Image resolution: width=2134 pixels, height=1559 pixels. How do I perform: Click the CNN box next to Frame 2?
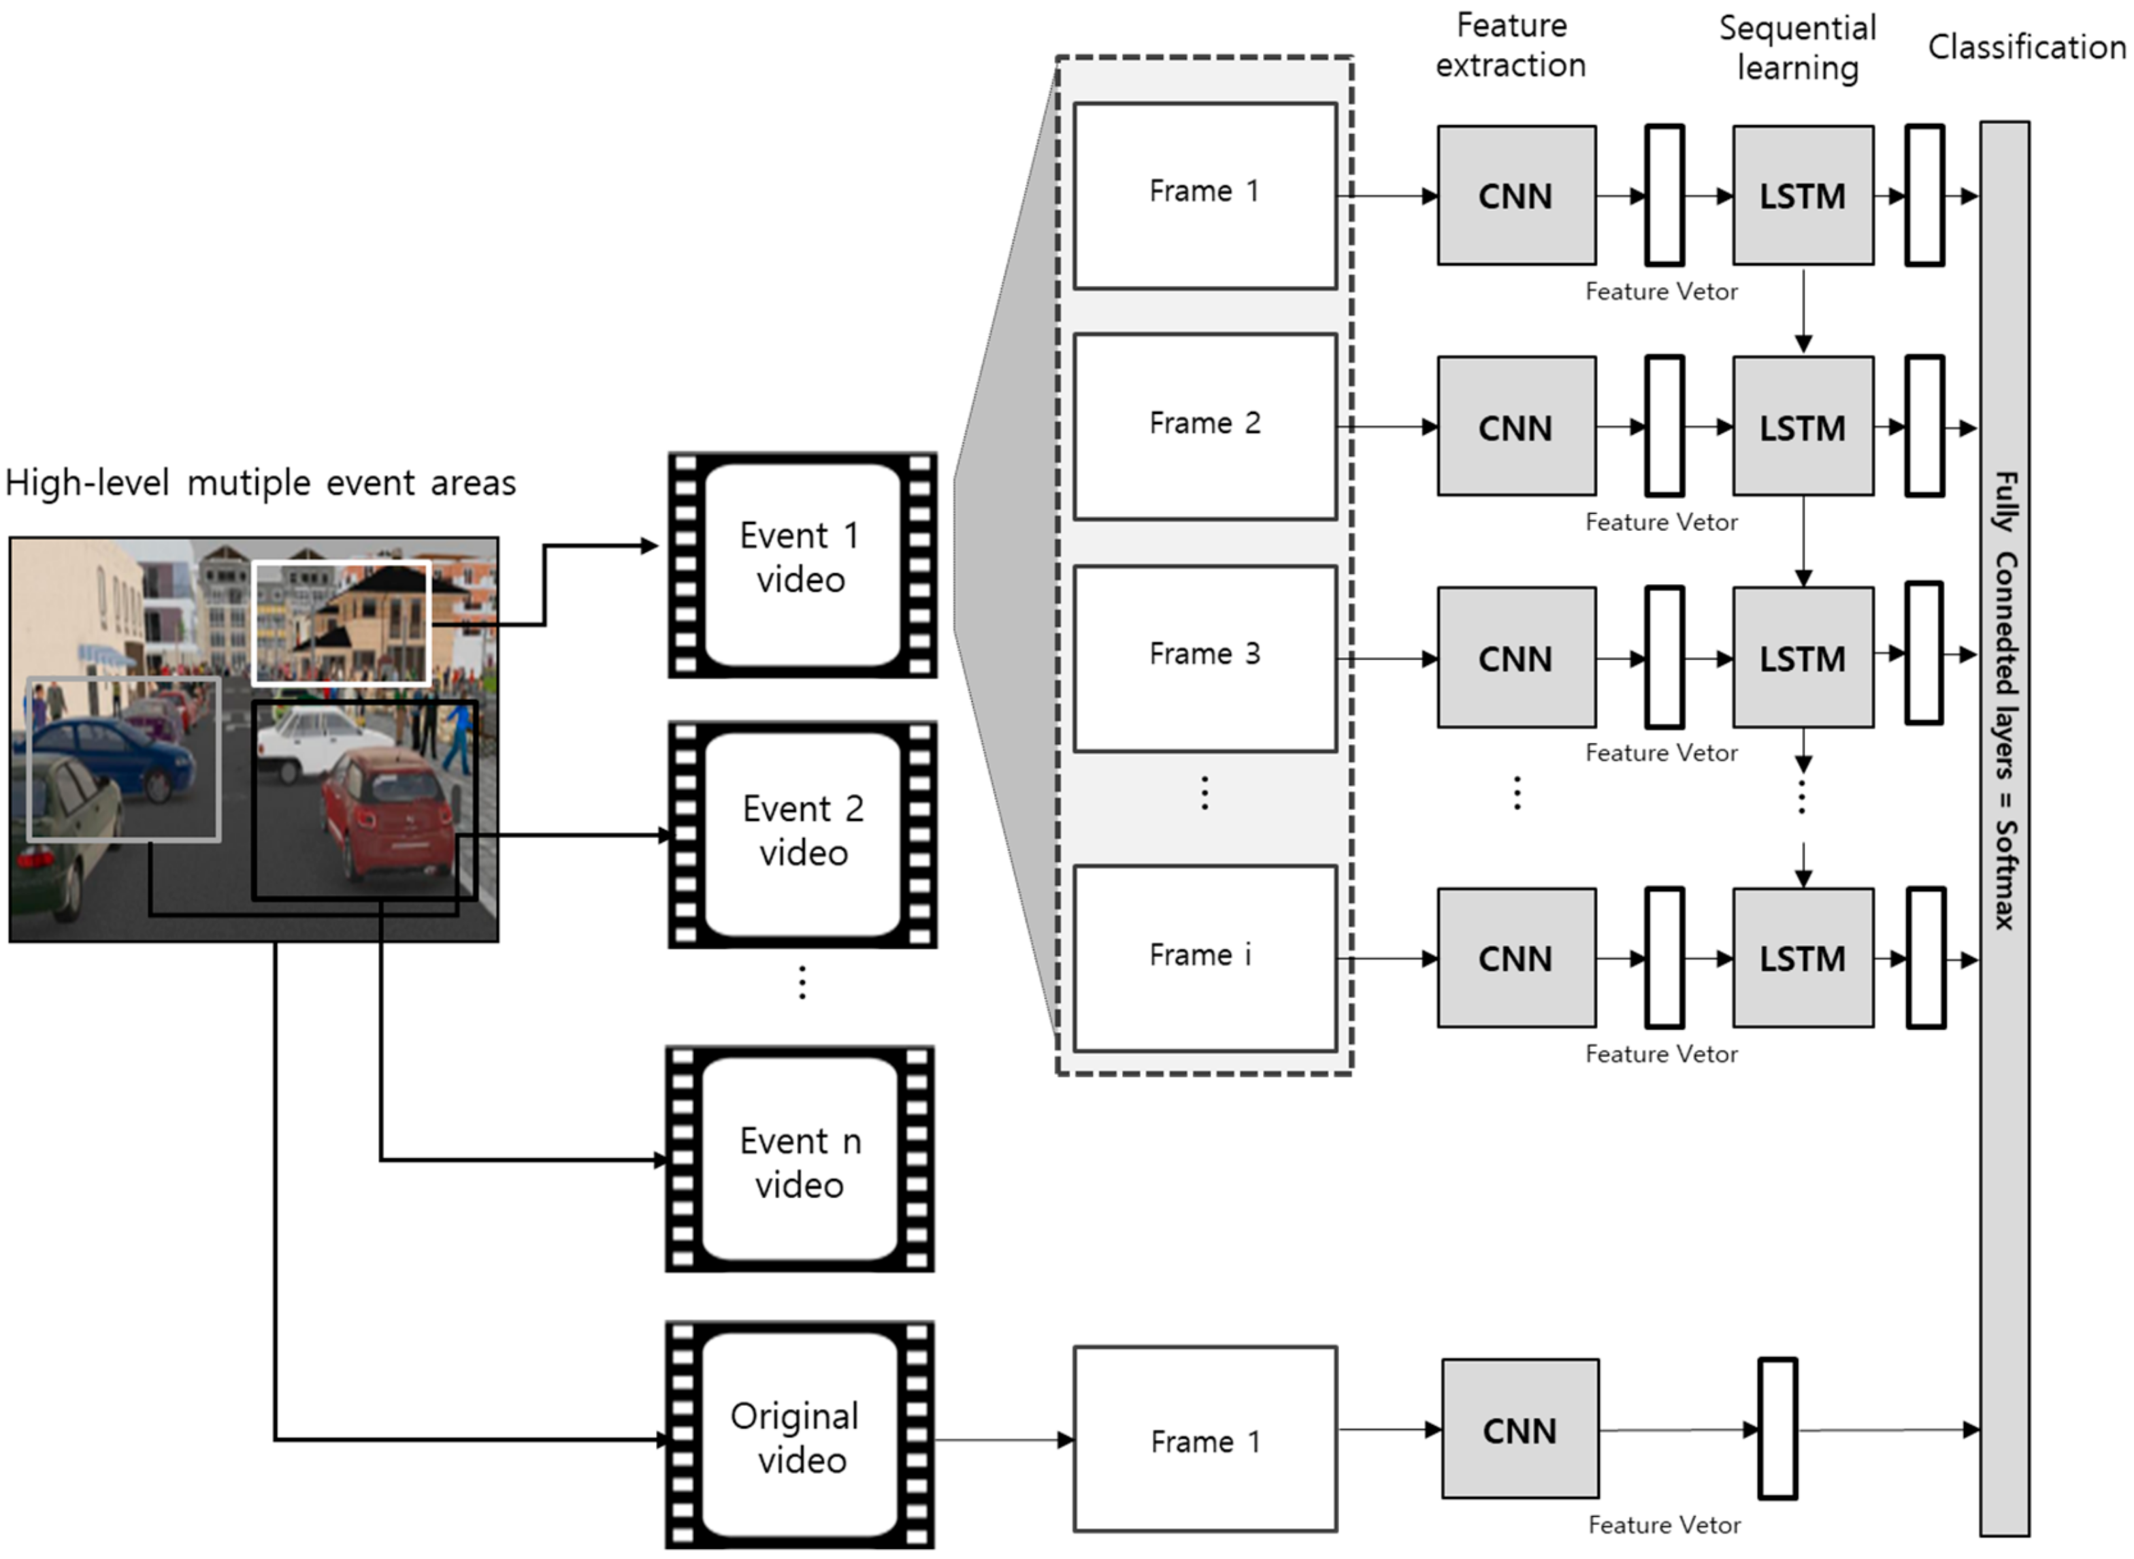point(1516,427)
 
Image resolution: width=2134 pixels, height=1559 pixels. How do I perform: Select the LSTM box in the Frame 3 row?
point(1802,658)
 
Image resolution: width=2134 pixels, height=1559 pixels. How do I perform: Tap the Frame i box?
point(1204,958)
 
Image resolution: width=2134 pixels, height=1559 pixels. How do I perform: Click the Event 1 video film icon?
point(802,564)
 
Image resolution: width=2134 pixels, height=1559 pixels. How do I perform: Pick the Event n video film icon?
point(800,1159)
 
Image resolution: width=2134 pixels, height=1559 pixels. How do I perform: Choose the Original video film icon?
point(800,1434)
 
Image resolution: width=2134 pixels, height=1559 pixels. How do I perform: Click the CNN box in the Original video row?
point(1520,1429)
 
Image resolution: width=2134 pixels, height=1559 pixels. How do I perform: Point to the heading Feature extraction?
point(1511,46)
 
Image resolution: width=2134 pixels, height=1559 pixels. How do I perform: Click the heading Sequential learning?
point(1797,47)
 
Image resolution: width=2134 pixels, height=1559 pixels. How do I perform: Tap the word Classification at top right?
point(2026,47)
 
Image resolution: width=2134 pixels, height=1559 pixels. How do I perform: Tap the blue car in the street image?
point(122,755)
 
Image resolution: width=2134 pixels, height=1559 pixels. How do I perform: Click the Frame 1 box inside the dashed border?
point(1204,195)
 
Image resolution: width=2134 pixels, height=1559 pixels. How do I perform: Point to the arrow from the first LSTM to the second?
point(1803,311)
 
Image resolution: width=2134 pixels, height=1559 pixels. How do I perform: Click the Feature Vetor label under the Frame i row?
point(1660,1054)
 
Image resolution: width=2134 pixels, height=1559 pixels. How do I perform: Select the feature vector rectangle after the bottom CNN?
point(1777,1429)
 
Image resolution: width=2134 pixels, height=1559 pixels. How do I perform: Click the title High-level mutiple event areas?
point(261,483)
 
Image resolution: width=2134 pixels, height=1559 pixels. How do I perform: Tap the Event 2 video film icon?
point(802,833)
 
